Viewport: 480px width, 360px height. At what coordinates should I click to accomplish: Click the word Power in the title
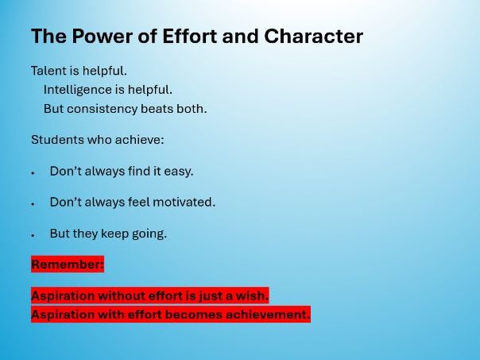tap(99, 37)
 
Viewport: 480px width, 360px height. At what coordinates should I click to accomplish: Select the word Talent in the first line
tap(49, 71)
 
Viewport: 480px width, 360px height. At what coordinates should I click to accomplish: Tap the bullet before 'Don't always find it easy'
tap(33, 172)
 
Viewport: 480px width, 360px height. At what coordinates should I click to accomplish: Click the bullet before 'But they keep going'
tap(33, 235)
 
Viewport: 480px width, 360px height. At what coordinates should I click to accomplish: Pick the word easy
tap(179, 171)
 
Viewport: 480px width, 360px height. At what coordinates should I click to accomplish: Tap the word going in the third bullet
tap(149, 234)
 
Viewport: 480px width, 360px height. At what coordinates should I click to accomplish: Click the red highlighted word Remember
tap(68, 264)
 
